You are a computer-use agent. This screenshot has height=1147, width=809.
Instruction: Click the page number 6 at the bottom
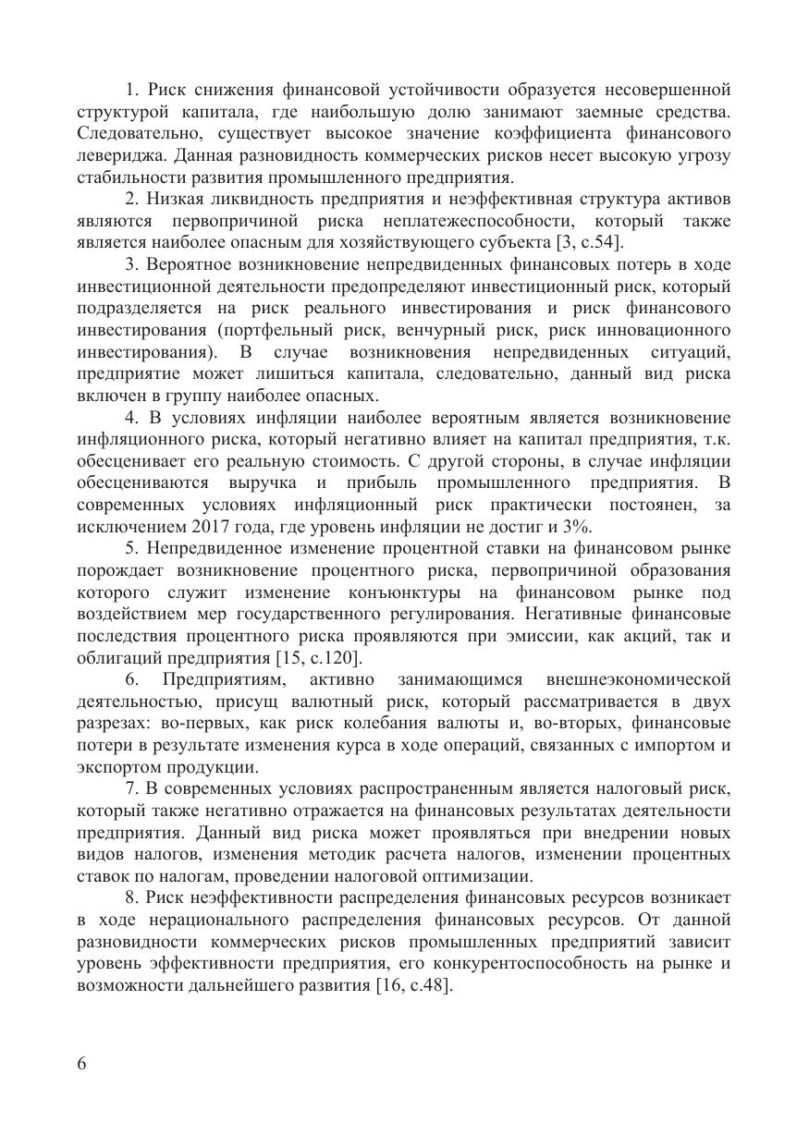[x=83, y=1063]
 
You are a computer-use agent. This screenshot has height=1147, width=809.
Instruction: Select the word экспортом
[x=121, y=767]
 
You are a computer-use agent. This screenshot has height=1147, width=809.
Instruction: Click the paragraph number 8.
[x=129, y=897]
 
